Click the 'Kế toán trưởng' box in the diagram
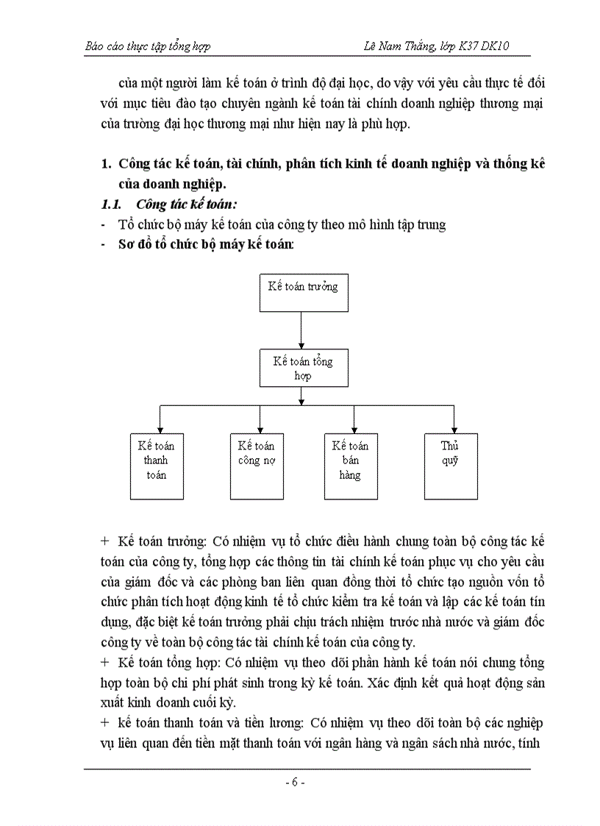pos(303,292)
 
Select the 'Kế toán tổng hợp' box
pos(303,368)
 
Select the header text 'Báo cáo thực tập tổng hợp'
pos(148,47)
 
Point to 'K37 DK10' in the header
pos(486,47)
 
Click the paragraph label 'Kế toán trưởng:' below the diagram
pos(161,541)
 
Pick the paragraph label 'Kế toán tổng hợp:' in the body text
pos(165,663)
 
